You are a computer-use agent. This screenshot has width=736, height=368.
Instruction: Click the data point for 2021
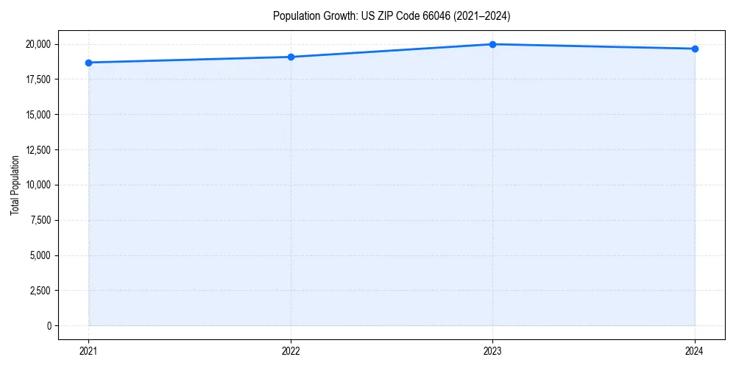88,63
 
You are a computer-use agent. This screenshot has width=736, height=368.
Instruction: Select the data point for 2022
291,57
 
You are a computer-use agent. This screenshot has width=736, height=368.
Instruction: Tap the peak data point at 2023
492,44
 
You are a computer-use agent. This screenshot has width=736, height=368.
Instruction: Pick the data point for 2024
695,49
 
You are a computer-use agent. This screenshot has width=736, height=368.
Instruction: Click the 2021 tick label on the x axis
88,351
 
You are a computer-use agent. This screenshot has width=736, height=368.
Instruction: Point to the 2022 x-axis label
291,351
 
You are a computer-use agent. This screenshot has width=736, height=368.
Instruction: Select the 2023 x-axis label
492,351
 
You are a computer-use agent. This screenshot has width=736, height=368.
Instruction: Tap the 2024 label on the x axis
695,351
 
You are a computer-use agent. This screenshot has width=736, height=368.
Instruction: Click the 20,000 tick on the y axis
38,44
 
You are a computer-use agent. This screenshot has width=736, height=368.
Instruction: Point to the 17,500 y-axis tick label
38,79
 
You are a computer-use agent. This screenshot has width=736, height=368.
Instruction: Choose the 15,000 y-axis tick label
38,115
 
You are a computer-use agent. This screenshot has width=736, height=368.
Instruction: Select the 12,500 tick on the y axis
38,150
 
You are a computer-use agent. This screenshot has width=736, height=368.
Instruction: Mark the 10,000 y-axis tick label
38,185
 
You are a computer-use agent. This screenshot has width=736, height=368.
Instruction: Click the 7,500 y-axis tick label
40,220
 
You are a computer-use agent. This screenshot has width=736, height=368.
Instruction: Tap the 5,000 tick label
40,255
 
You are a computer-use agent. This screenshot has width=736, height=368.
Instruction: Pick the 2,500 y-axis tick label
40,291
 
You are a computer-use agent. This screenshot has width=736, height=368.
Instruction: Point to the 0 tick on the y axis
49,326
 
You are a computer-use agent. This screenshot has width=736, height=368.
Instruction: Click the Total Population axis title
15,185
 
